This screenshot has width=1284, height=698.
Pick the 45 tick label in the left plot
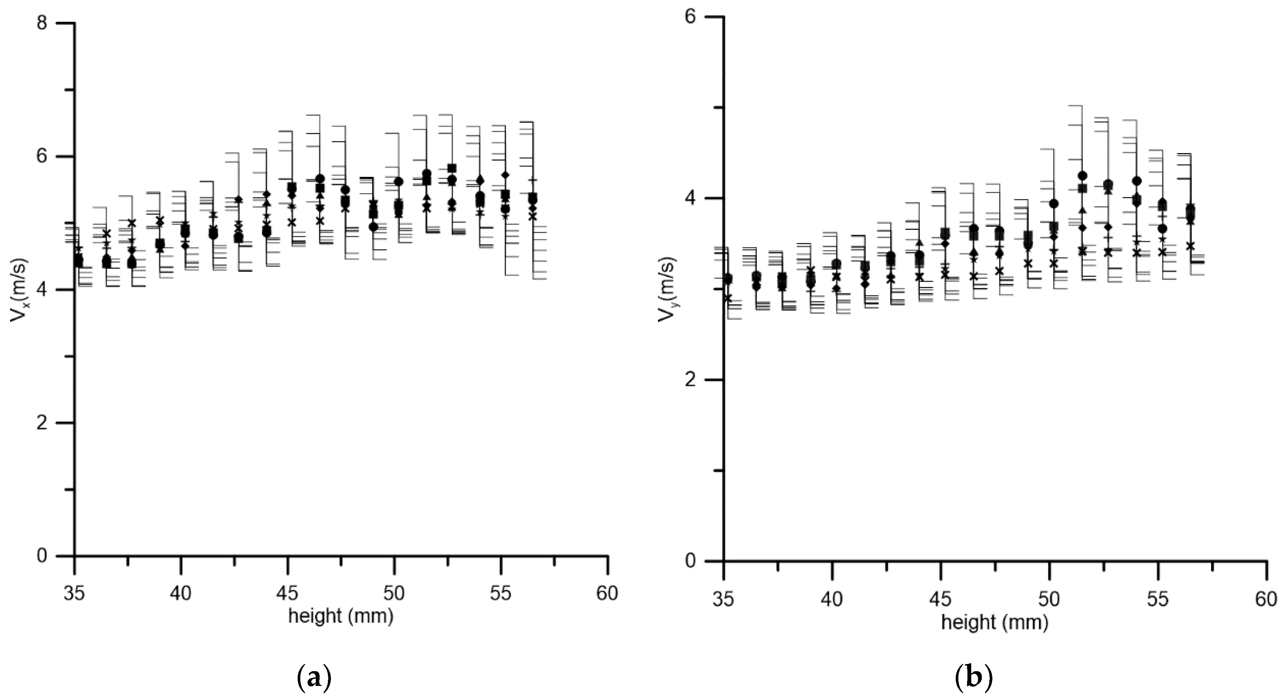pos(287,594)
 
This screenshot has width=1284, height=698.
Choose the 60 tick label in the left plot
pos(607,594)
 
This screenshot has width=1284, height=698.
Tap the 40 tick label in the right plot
pos(832,600)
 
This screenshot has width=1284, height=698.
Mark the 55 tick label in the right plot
pos(1158,600)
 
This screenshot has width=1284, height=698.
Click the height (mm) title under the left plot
pos(341,617)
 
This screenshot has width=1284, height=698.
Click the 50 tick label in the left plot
pos(394,594)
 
